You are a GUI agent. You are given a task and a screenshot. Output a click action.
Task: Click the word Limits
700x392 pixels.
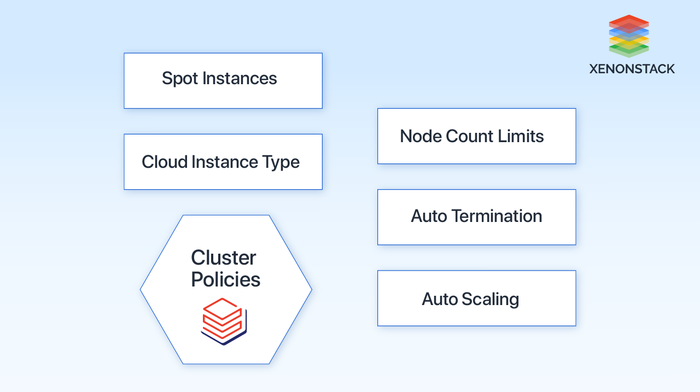523,136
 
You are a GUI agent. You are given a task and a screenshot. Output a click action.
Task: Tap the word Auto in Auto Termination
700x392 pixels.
429,216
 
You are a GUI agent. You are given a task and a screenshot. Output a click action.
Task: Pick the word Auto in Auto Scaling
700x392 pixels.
440,299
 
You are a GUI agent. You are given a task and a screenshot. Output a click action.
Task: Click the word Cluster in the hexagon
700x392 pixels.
223,258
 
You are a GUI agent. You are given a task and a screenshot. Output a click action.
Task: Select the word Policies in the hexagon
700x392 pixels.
225,279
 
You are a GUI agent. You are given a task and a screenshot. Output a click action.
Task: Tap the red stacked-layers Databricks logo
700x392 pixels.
223,321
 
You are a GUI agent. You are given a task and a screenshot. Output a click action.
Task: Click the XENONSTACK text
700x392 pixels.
632,69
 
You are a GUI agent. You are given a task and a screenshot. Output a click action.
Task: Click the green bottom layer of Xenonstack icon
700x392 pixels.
628,51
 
